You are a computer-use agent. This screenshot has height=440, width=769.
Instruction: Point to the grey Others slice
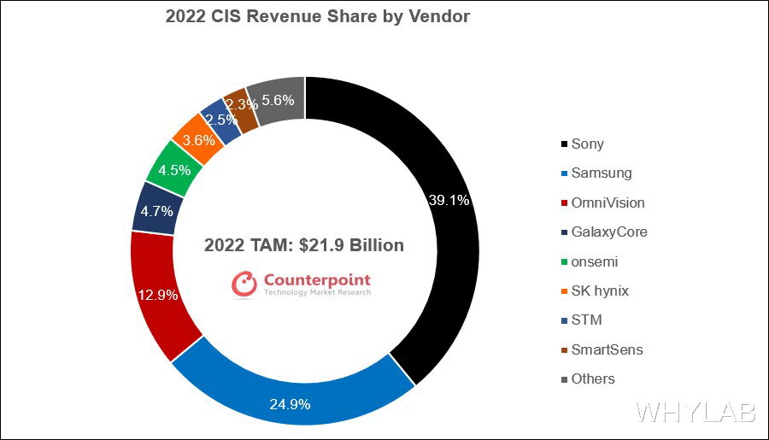(278, 100)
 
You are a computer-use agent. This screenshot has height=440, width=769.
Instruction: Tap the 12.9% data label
(158, 296)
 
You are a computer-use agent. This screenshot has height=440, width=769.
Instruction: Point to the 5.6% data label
(279, 100)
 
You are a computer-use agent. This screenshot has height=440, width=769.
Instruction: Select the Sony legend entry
(587, 144)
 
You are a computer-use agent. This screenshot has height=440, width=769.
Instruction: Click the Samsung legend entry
(601, 173)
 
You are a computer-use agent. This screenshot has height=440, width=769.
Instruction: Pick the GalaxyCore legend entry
(609, 232)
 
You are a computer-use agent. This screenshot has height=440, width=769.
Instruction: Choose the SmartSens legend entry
(607, 349)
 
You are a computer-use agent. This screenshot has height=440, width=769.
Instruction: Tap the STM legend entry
(586, 320)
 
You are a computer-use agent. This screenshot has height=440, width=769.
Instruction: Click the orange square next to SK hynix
(564, 291)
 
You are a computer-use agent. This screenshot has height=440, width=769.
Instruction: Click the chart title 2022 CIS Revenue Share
(317, 16)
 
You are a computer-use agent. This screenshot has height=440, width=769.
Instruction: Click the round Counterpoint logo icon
(244, 285)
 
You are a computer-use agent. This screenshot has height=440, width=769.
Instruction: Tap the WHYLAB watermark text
(696, 412)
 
